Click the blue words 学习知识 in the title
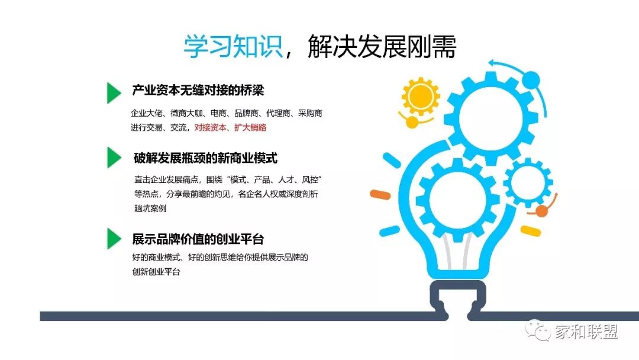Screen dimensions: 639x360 [x=234, y=46]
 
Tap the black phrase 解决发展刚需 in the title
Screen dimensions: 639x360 [x=382, y=46]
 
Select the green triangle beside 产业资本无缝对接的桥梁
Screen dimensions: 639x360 [x=114, y=93]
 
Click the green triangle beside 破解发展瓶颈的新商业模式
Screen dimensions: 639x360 [x=114, y=157]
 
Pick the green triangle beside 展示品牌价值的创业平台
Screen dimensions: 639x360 [x=114, y=239]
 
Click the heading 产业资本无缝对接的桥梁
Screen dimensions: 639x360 [x=198, y=90]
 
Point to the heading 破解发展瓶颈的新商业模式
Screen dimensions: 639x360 [x=205, y=157]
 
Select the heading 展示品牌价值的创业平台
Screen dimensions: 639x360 [x=198, y=239]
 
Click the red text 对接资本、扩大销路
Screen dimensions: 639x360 [x=230, y=128]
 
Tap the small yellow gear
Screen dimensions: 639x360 [x=421, y=97]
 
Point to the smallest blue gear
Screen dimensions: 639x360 [x=528, y=182]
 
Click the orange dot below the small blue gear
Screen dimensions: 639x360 [x=541, y=211]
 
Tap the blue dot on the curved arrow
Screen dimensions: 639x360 [x=531, y=79]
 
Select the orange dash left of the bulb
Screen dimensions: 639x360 [x=380, y=195]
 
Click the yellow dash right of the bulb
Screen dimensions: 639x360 [x=531, y=231]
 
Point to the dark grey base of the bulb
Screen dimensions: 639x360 [x=458, y=300]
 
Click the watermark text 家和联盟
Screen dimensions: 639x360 [x=586, y=332]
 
